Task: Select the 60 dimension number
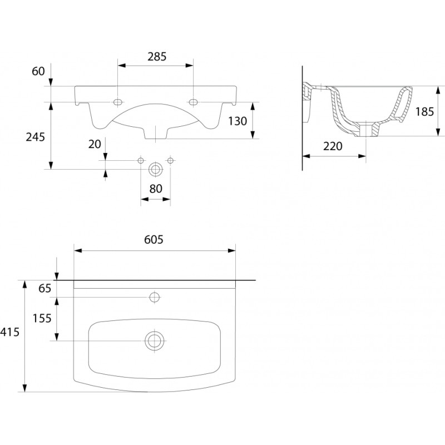coord(37,71)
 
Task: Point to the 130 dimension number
coord(238,120)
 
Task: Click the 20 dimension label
coord(95,144)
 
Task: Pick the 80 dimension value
coord(156,189)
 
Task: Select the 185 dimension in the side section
coord(424,111)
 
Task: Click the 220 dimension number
coord(333,146)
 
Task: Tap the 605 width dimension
coord(154,240)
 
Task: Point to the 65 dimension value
coord(45,288)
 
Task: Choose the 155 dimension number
coord(42,318)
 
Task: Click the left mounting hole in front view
coord(118,102)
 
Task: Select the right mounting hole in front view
coord(194,102)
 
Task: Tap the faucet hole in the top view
coord(155,297)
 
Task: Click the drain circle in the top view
coord(155,340)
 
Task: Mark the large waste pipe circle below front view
coord(156,169)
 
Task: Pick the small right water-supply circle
coord(170,161)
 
